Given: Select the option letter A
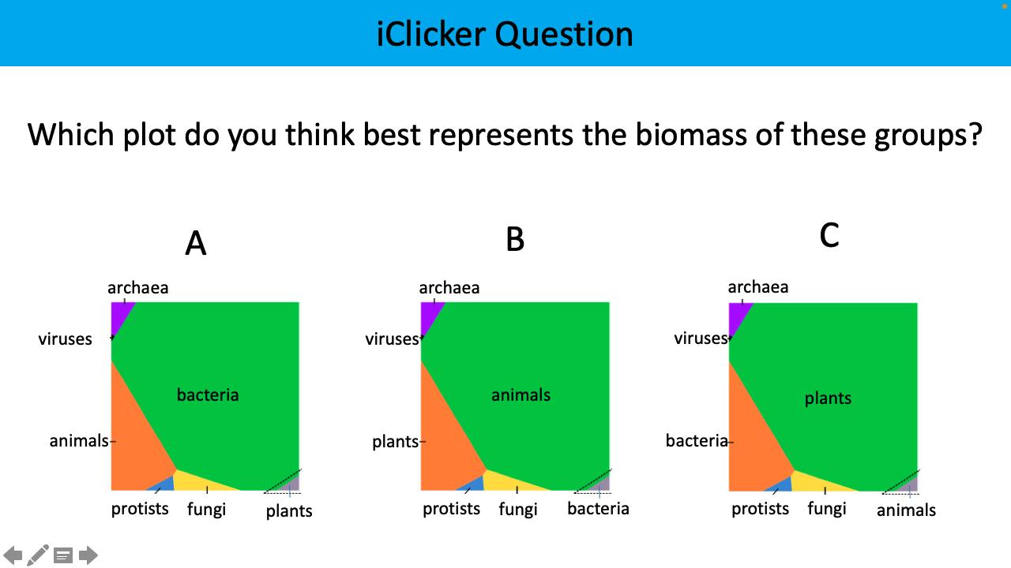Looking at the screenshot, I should (x=195, y=244).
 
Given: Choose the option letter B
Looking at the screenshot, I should (x=515, y=239).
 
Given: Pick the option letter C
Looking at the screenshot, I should (x=829, y=235).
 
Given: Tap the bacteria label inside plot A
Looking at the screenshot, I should (x=207, y=394).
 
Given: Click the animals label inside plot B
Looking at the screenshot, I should (x=521, y=394).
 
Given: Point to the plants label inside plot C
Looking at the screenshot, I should (x=828, y=398).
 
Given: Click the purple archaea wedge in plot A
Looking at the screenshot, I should (x=121, y=314).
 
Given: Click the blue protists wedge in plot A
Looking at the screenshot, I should (x=162, y=484).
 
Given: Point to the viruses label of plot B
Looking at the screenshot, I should (x=391, y=339).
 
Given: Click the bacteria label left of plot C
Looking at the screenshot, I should (x=696, y=440).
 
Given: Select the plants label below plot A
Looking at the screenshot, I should (x=289, y=511).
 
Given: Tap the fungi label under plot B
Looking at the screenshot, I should (x=517, y=510).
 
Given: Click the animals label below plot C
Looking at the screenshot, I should (x=906, y=510).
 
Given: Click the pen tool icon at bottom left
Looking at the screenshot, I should (x=37, y=555).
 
